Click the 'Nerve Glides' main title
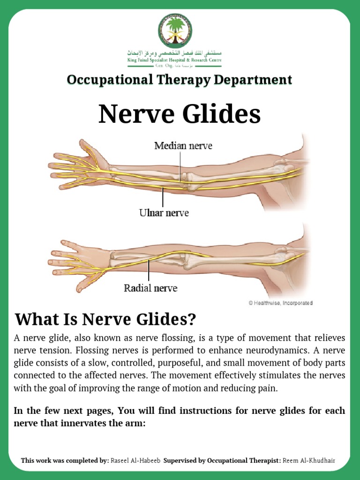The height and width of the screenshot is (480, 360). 180,114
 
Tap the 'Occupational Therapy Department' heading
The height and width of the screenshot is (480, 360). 180,80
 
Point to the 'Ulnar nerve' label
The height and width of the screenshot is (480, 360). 164,213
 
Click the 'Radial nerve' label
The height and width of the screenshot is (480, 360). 150,288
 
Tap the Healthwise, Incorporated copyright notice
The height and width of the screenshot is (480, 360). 280,303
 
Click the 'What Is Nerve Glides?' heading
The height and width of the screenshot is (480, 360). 105,320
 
